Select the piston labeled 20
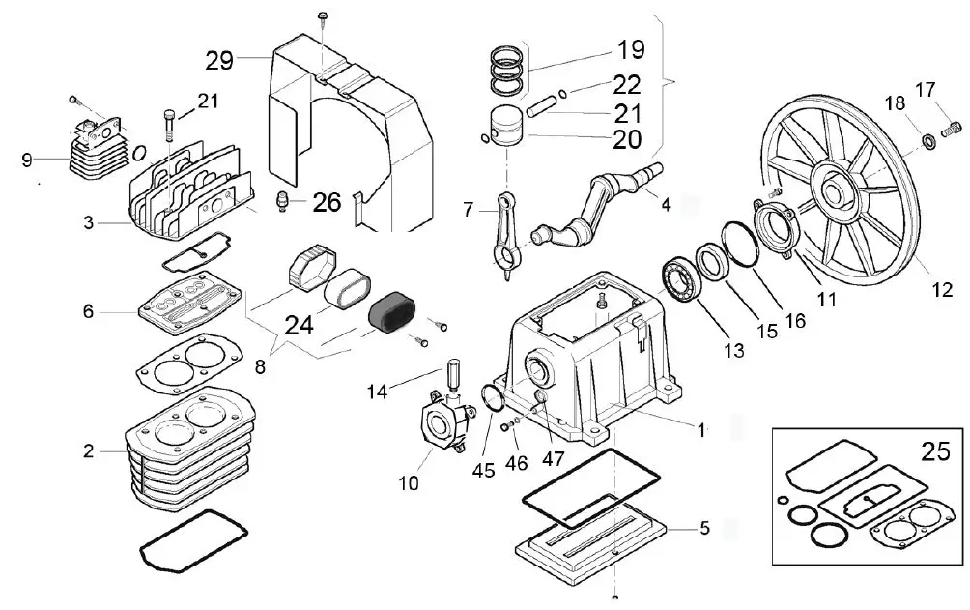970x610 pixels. [x=506, y=126]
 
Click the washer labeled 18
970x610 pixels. [x=929, y=142]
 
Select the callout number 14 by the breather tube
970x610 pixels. [x=379, y=392]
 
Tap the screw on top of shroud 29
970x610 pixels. [x=323, y=16]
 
